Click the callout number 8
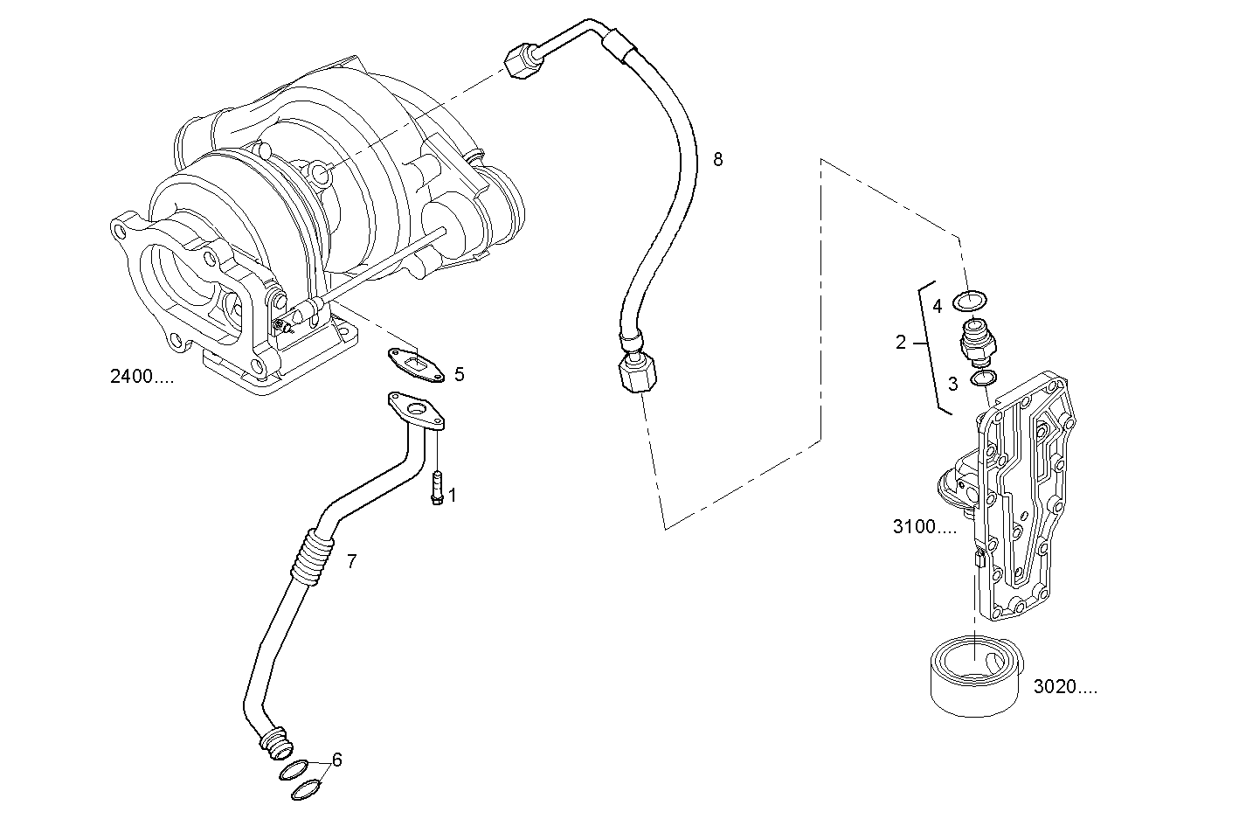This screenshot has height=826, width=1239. [x=717, y=159]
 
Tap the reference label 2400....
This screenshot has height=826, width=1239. [x=142, y=377]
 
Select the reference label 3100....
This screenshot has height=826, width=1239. [x=924, y=527]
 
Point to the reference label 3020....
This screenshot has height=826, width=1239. [x=1064, y=687]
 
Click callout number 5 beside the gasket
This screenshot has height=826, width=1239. [x=459, y=375]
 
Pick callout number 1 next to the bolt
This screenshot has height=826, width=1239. [x=452, y=496]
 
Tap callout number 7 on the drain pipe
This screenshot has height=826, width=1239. [x=351, y=561]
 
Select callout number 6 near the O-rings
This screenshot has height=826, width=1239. [x=336, y=760]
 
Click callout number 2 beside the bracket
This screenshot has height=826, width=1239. [x=901, y=343]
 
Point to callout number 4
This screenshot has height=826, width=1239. [x=937, y=306]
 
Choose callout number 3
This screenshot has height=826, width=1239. [x=952, y=383]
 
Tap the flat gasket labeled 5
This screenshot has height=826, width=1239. [x=416, y=364]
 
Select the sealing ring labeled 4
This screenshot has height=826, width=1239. [x=970, y=302]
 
